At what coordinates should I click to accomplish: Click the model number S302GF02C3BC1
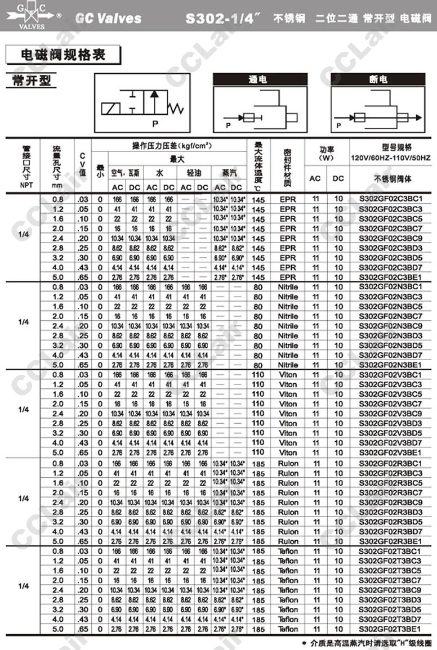pyautogui.click(x=390, y=199)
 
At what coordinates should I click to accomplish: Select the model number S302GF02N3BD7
pyautogui.click(x=390, y=355)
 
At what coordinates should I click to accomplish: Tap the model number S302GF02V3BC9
pyautogui.click(x=390, y=414)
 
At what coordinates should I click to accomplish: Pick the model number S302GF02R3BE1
pyautogui.click(x=390, y=541)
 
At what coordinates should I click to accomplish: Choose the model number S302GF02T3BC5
pyautogui.click(x=390, y=571)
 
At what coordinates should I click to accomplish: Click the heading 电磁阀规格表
pyautogui.click(x=63, y=55)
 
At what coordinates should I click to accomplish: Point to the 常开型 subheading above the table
pyautogui.click(x=31, y=80)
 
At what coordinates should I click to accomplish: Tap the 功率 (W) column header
pyautogui.click(x=327, y=154)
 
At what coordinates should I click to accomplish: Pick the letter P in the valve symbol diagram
pyautogui.click(x=155, y=122)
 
